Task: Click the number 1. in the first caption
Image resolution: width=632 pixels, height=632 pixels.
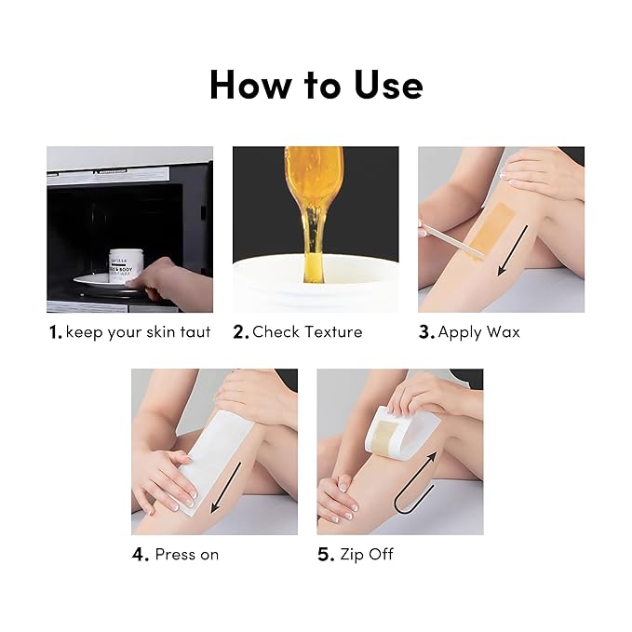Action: click(55, 332)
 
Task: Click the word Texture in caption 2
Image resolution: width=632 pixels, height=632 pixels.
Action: click(336, 332)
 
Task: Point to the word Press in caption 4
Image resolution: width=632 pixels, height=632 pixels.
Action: click(176, 555)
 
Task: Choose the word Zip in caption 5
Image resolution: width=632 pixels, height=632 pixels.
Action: click(353, 555)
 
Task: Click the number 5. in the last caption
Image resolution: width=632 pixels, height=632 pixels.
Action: click(326, 555)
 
